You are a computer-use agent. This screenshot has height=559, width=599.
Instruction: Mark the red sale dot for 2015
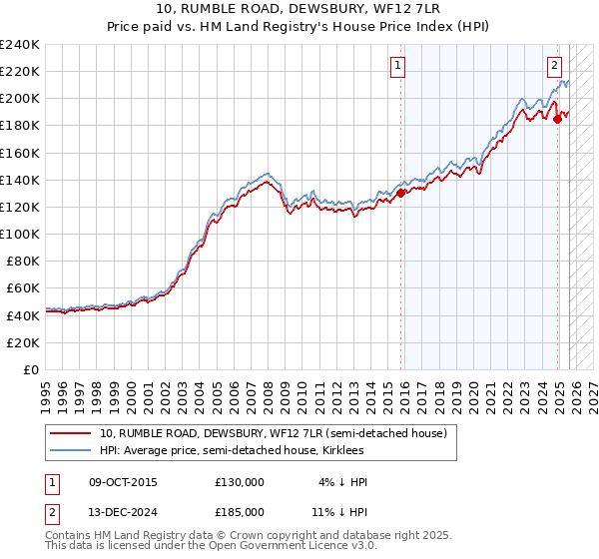[401, 193]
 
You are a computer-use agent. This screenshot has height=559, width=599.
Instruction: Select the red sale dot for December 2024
[557, 119]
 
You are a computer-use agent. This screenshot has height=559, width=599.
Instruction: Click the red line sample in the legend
[71, 433]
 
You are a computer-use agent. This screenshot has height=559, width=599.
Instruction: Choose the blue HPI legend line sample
[71, 450]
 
